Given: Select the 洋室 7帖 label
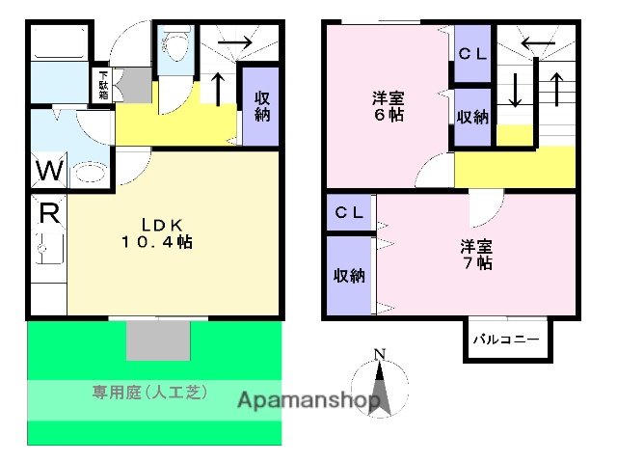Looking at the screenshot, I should tap(477, 254).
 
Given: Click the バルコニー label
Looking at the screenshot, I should tap(507, 340).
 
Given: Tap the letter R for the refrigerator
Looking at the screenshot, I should tap(45, 211).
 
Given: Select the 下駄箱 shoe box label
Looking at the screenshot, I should tap(103, 84).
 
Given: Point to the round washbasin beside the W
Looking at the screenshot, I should tap(89, 174).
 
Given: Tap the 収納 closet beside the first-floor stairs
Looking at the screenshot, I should tap(261, 106).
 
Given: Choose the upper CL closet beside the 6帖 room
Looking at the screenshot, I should tap(472, 54).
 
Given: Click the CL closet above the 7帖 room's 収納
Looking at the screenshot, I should tap(350, 212).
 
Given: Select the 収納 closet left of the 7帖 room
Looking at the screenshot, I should tap(349, 275).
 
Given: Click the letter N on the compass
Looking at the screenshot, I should tap(380, 352).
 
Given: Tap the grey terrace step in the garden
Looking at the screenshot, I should tap(156, 340).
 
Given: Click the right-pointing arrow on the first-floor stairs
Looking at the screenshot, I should tap(241, 42).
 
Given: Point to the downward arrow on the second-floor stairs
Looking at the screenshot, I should tap(516, 92).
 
